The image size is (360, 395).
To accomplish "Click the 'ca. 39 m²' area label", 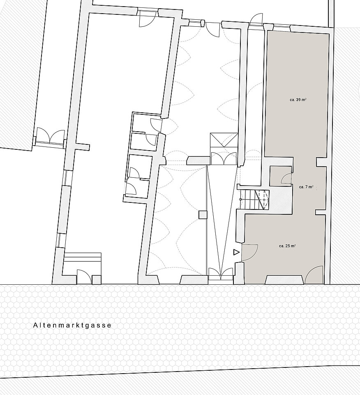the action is [298, 100].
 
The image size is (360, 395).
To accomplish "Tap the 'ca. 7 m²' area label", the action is [306, 187].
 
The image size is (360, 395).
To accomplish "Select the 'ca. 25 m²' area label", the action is [287, 246].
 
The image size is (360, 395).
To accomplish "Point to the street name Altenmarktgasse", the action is [72, 325].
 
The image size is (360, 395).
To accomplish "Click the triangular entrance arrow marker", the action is [236, 252].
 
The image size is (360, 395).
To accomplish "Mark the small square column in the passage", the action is [203, 215].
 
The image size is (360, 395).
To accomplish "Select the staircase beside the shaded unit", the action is [254, 200].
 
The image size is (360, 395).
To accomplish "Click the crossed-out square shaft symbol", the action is [224, 140].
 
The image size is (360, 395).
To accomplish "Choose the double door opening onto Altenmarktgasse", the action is [221, 274].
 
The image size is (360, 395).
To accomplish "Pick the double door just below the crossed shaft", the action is [224, 158].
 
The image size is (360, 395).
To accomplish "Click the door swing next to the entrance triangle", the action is [249, 252].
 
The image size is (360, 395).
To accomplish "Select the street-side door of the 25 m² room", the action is [314, 274].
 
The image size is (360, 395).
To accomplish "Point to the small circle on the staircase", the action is [240, 200].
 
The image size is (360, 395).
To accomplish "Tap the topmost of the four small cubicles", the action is [146, 123].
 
